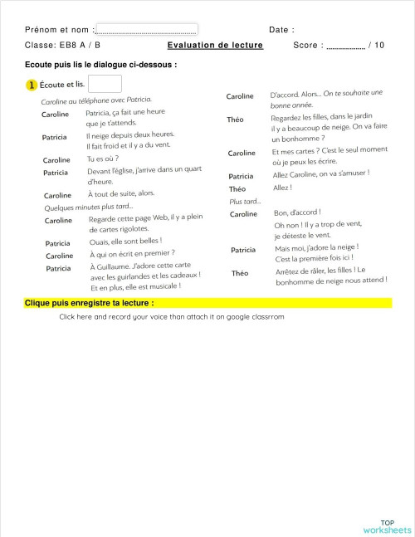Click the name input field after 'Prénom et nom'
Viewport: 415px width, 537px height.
coord(147,29)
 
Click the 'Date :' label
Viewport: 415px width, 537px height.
coord(281,30)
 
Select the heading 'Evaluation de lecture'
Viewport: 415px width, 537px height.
coord(215,45)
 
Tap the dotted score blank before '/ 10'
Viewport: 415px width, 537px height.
coord(345,46)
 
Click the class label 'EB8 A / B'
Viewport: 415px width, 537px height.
coord(80,45)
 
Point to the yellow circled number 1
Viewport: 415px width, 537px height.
coord(32,85)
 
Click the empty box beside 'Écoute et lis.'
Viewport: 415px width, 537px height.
coord(105,84)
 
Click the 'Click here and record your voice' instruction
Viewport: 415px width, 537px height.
coord(171,316)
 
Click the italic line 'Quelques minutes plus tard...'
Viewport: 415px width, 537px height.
coord(88,207)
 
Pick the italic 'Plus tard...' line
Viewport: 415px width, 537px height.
coord(245,201)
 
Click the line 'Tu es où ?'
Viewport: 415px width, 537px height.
coord(103,159)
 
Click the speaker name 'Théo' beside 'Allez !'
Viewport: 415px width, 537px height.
coord(237,189)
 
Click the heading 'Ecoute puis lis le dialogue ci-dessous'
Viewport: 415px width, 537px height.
coord(100,64)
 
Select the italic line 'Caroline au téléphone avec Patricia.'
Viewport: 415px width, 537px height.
coord(96,100)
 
